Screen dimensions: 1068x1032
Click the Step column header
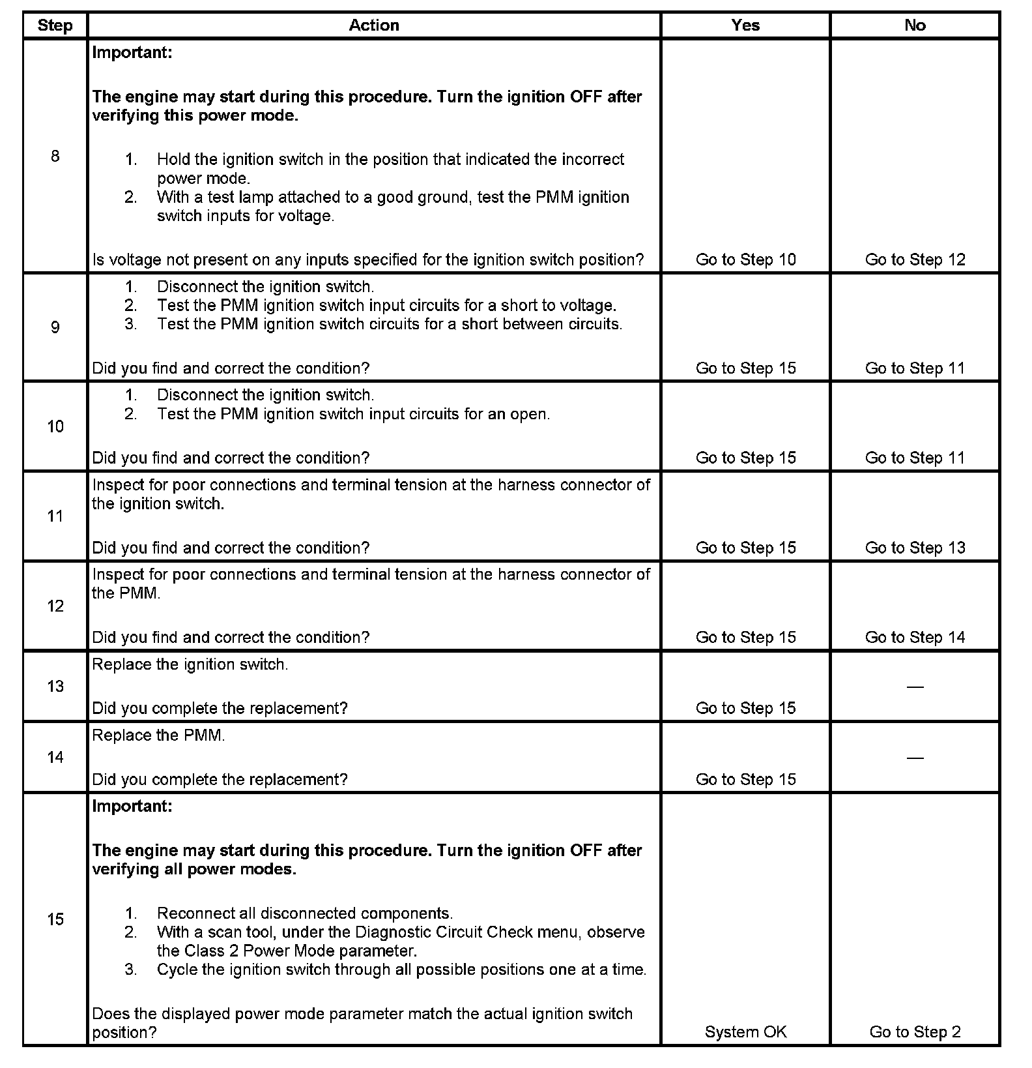55,25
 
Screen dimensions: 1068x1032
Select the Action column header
373,25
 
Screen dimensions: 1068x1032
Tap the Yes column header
745,25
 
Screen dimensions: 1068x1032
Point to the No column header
915,25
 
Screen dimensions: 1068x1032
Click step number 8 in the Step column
55,156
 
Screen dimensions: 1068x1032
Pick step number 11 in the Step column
55,516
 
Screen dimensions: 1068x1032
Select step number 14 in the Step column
55,757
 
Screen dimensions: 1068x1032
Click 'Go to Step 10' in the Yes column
745,260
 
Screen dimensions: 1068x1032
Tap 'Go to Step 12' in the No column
915,260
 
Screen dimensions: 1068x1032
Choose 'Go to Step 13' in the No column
915,548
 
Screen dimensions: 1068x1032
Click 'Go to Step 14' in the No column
915,637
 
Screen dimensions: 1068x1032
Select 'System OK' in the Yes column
745,1032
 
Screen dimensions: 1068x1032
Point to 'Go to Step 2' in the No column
915,1032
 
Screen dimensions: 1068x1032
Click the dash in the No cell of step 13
915,687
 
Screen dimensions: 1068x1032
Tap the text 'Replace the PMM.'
158,735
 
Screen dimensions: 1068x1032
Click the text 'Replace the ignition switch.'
190,664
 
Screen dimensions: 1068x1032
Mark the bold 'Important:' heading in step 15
132,807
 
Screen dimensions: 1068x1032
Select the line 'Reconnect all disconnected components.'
304,913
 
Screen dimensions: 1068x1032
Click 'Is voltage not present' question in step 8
367,260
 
